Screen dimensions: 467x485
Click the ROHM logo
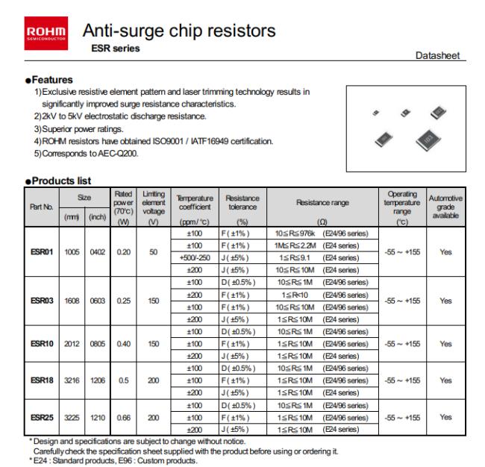46,32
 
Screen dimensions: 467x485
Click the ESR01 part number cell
42,252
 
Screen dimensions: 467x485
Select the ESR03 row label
42,301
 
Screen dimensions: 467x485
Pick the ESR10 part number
42,344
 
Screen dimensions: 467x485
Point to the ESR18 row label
42,380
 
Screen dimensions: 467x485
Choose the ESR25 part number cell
42,417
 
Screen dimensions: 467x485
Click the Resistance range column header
322,203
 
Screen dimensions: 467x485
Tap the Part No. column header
42,207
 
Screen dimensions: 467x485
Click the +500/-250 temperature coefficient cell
195,258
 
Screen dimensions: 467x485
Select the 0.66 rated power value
122,417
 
